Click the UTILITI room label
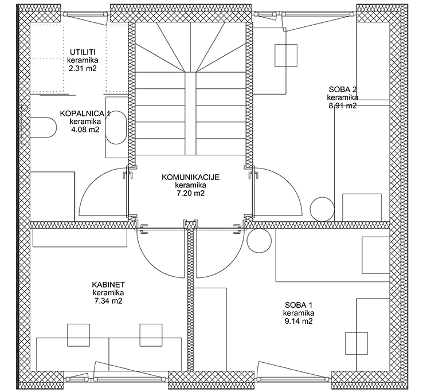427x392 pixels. [x=83, y=52]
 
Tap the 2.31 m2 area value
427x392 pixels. [x=83, y=68]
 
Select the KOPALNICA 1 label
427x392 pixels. [x=85, y=113]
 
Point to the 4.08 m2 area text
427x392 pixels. [x=85, y=130]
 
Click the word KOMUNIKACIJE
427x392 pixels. [x=191, y=177]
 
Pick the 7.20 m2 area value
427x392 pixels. [x=191, y=193]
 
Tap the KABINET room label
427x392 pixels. [x=108, y=285]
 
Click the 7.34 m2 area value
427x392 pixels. [x=108, y=301]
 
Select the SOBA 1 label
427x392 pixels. [x=299, y=305]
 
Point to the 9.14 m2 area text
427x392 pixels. [x=299, y=321]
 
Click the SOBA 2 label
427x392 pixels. [x=343, y=89]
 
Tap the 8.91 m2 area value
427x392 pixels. [x=343, y=105]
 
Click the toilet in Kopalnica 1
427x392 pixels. [x=43, y=127]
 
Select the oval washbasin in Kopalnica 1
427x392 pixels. [x=116, y=127]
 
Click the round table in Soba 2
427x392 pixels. [x=322, y=209]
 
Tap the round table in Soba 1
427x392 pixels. [x=259, y=241]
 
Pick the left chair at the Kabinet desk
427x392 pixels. [x=79, y=335]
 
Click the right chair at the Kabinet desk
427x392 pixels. [x=151, y=335]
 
